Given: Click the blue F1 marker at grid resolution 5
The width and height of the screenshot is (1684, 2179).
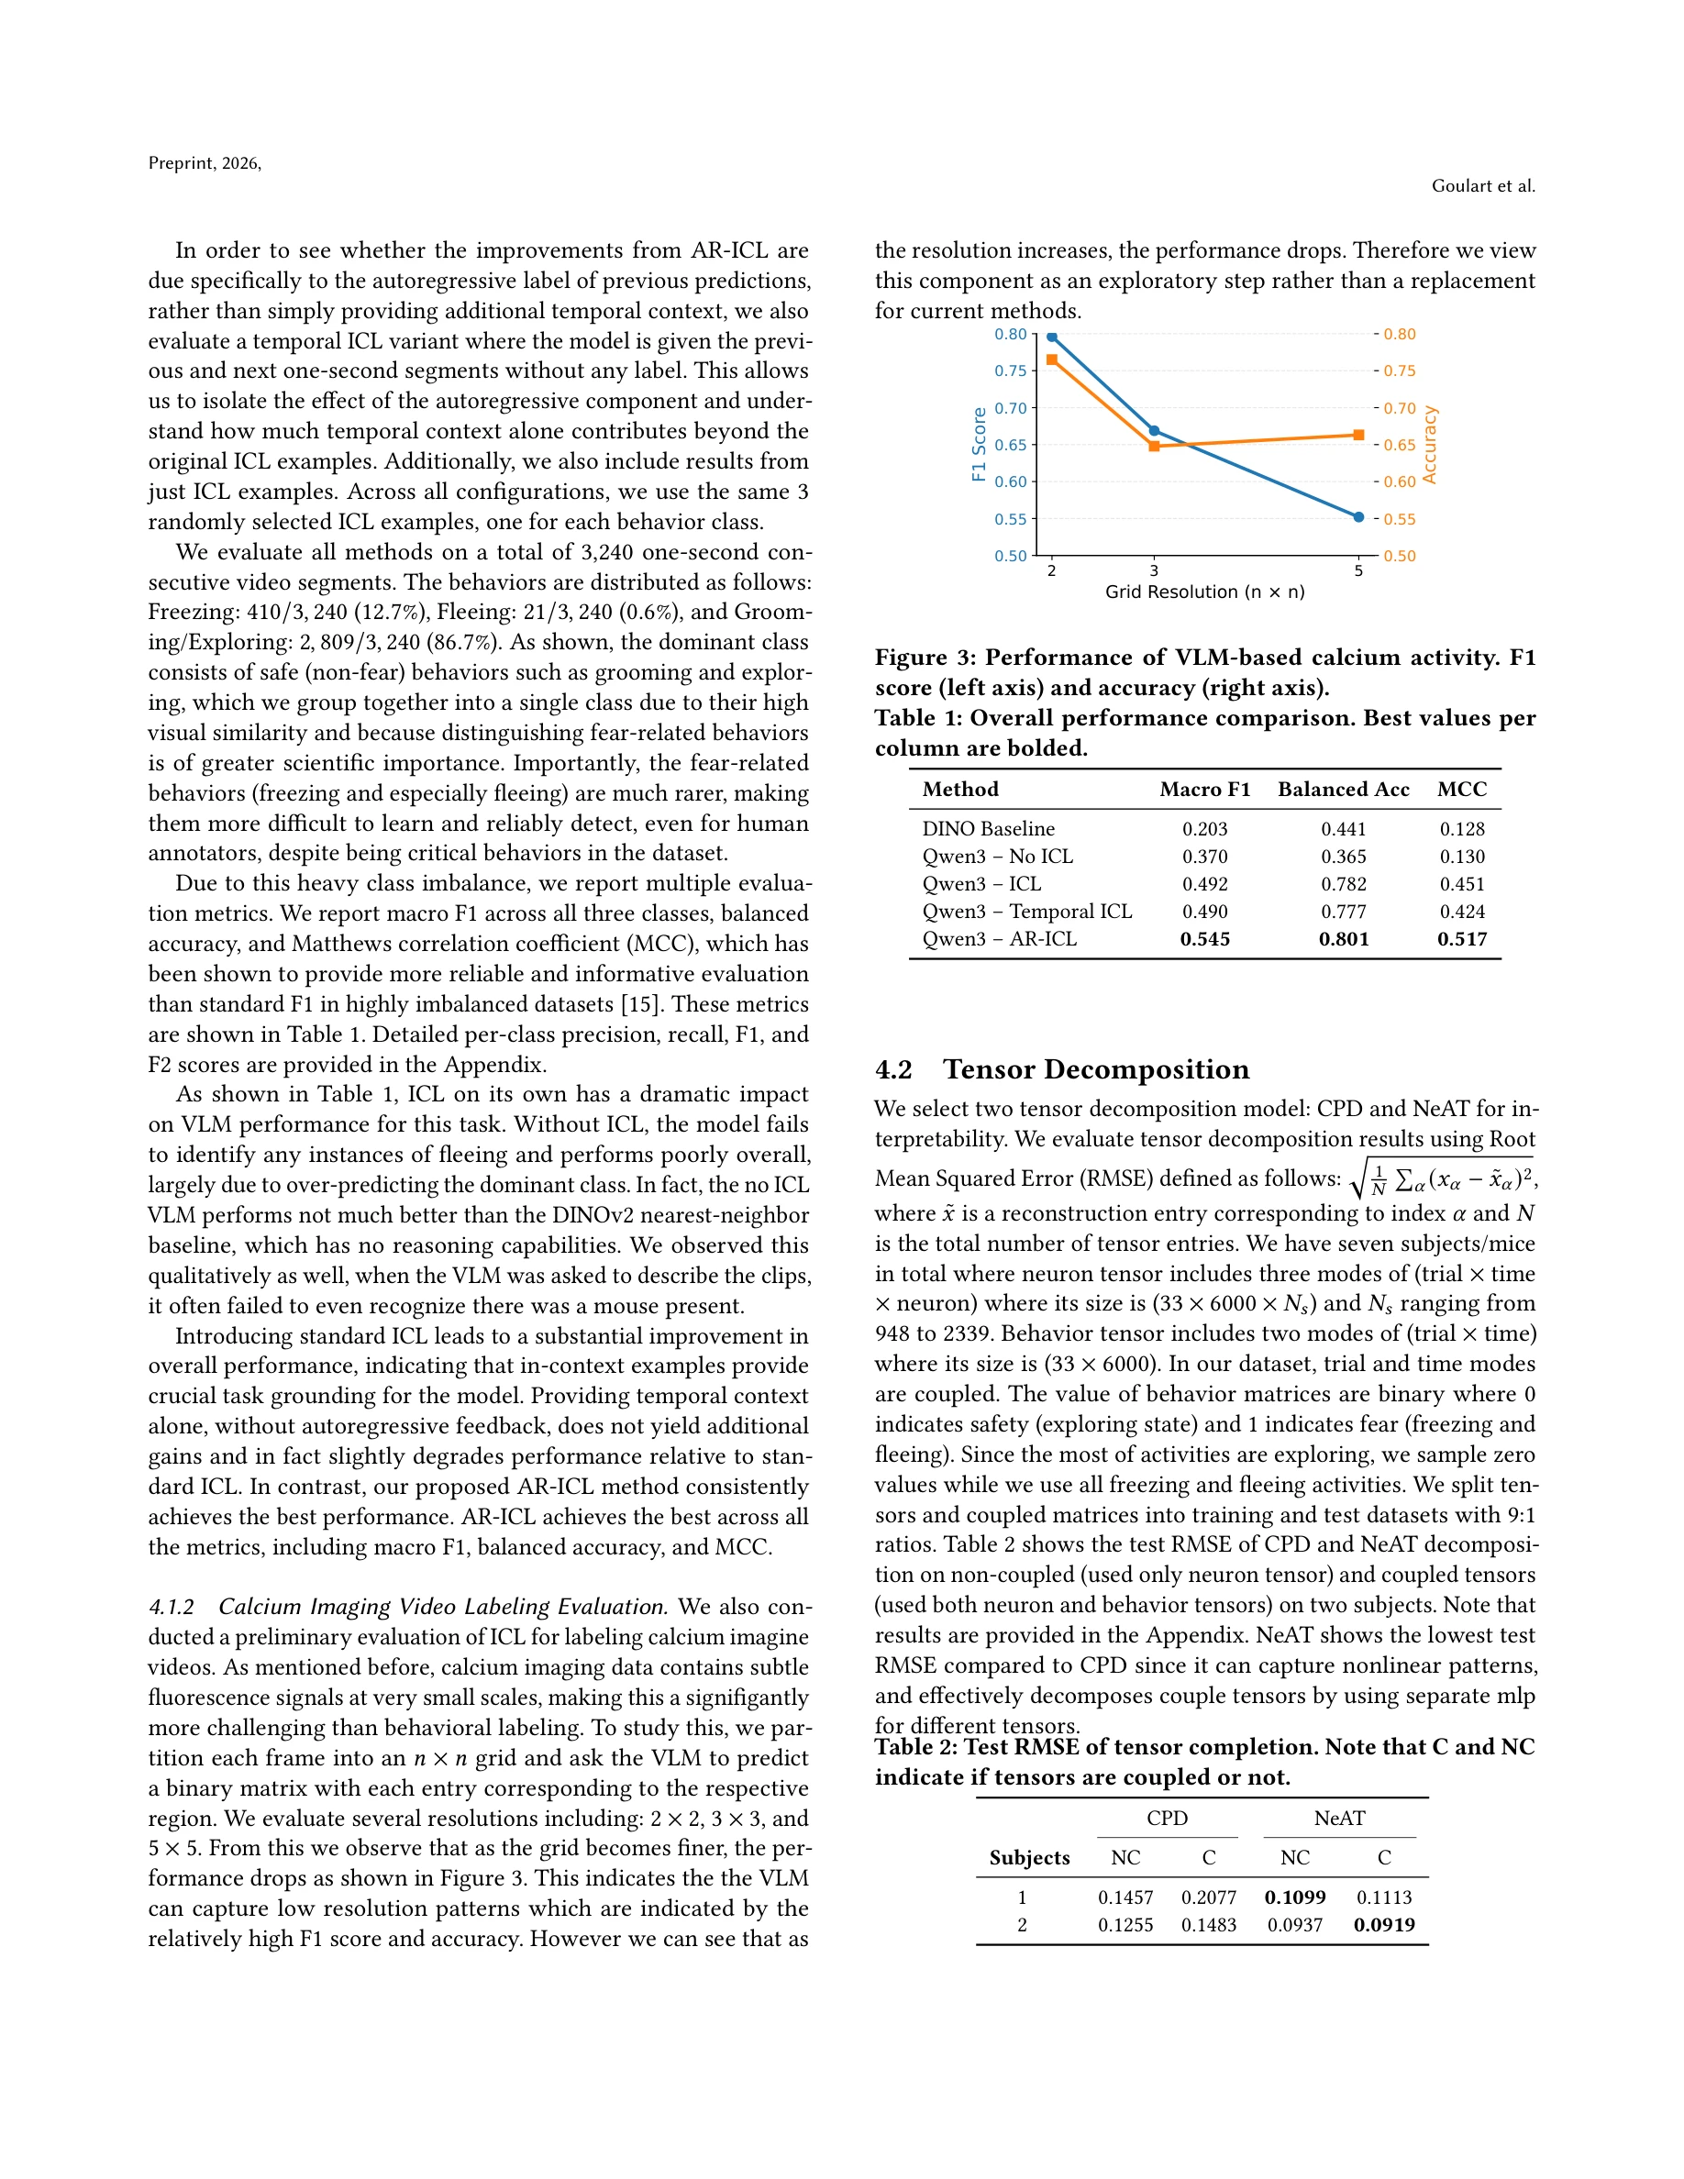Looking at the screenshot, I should (1357, 517).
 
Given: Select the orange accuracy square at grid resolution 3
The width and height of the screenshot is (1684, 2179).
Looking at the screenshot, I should (1154, 446).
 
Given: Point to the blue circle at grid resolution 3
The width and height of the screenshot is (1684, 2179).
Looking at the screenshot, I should (1154, 431).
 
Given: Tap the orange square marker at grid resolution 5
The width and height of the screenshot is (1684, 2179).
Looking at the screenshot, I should (1358, 435).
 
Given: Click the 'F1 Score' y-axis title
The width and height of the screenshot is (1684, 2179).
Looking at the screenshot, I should (979, 444).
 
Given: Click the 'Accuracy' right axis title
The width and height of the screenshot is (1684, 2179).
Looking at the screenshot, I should (1430, 445).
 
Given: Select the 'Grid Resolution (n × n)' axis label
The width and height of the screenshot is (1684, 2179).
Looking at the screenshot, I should (1204, 592).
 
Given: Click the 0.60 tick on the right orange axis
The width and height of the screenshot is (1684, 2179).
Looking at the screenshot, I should (1400, 481).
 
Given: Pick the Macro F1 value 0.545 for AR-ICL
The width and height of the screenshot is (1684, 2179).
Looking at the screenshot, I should (1204, 939).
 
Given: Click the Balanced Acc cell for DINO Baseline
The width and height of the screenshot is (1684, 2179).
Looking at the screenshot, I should (1343, 829).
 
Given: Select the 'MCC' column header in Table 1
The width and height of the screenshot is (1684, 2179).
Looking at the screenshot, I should (1461, 790).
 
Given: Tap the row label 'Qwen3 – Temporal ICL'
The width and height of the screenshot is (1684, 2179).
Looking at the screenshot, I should (1026, 911).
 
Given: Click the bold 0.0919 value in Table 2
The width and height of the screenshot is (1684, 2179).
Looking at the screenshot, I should (1384, 1925).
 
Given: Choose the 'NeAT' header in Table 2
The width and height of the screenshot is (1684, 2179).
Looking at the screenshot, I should (1339, 1818).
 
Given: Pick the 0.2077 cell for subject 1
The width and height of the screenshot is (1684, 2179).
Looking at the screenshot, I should (1208, 1897).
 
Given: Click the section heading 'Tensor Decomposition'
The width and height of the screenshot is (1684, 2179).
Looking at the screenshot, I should (1095, 1069).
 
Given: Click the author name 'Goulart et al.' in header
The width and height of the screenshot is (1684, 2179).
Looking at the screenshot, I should (1482, 185).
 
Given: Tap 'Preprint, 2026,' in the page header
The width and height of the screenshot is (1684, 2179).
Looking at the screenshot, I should (205, 163).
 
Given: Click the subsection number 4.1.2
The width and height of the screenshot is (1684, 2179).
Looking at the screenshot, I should (171, 1607).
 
